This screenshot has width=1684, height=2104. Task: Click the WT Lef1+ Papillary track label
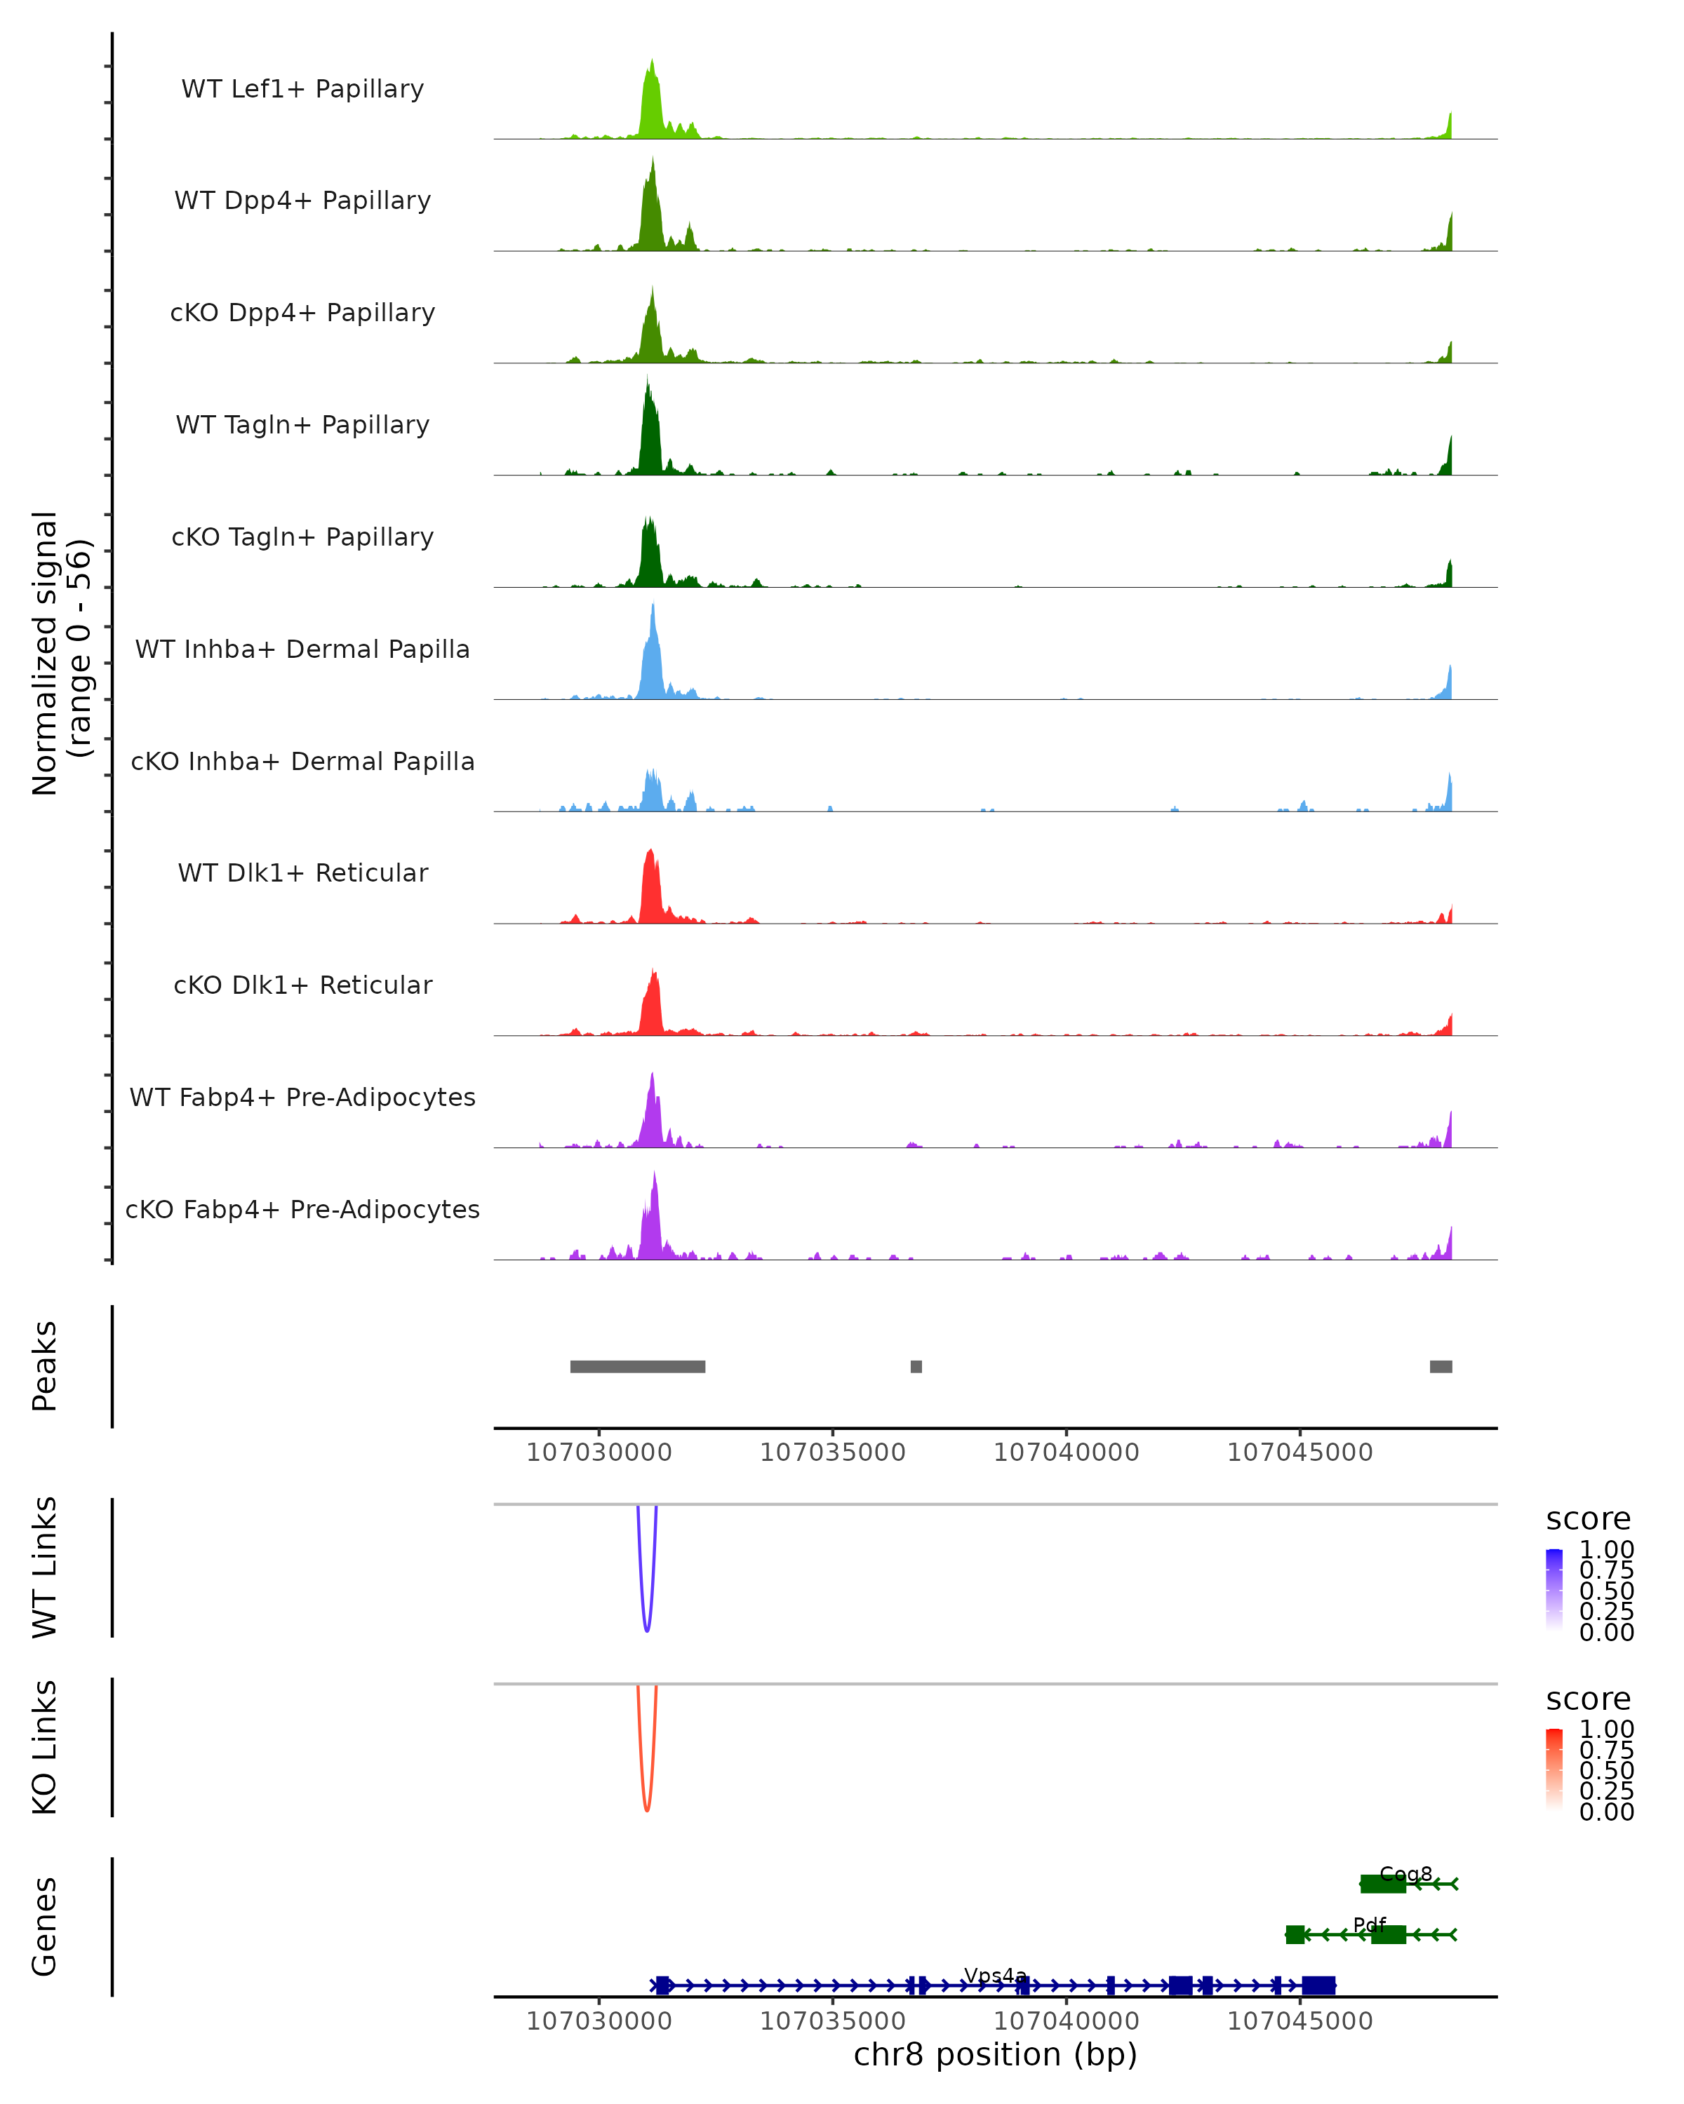click(302, 89)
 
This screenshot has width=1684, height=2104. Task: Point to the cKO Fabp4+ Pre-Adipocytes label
click(302, 1209)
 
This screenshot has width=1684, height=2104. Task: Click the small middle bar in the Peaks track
click(916, 1366)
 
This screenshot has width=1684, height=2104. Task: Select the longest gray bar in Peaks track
click(638, 1366)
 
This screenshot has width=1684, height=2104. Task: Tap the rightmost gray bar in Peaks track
click(1441, 1366)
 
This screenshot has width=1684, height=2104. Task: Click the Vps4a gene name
click(995, 1975)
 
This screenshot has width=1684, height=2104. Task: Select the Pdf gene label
click(1370, 1924)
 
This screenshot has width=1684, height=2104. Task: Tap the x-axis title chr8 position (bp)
click(995, 2054)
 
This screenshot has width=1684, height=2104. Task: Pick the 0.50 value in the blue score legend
click(1607, 1591)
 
